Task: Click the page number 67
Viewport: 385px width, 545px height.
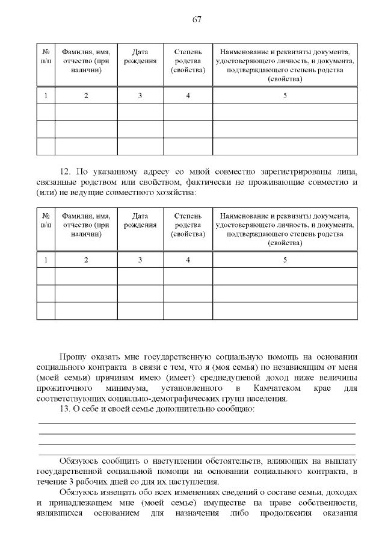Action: (x=196, y=19)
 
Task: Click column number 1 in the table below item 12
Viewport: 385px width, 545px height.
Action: (x=46, y=260)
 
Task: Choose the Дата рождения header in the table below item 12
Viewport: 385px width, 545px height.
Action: (x=140, y=220)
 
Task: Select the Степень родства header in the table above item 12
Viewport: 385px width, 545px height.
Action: (x=188, y=61)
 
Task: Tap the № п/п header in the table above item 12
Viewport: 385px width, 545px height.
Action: (x=46, y=57)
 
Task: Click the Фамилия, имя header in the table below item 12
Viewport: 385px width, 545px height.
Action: (x=86, y=216)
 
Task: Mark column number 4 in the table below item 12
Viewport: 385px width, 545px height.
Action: (x=188, y=260)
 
